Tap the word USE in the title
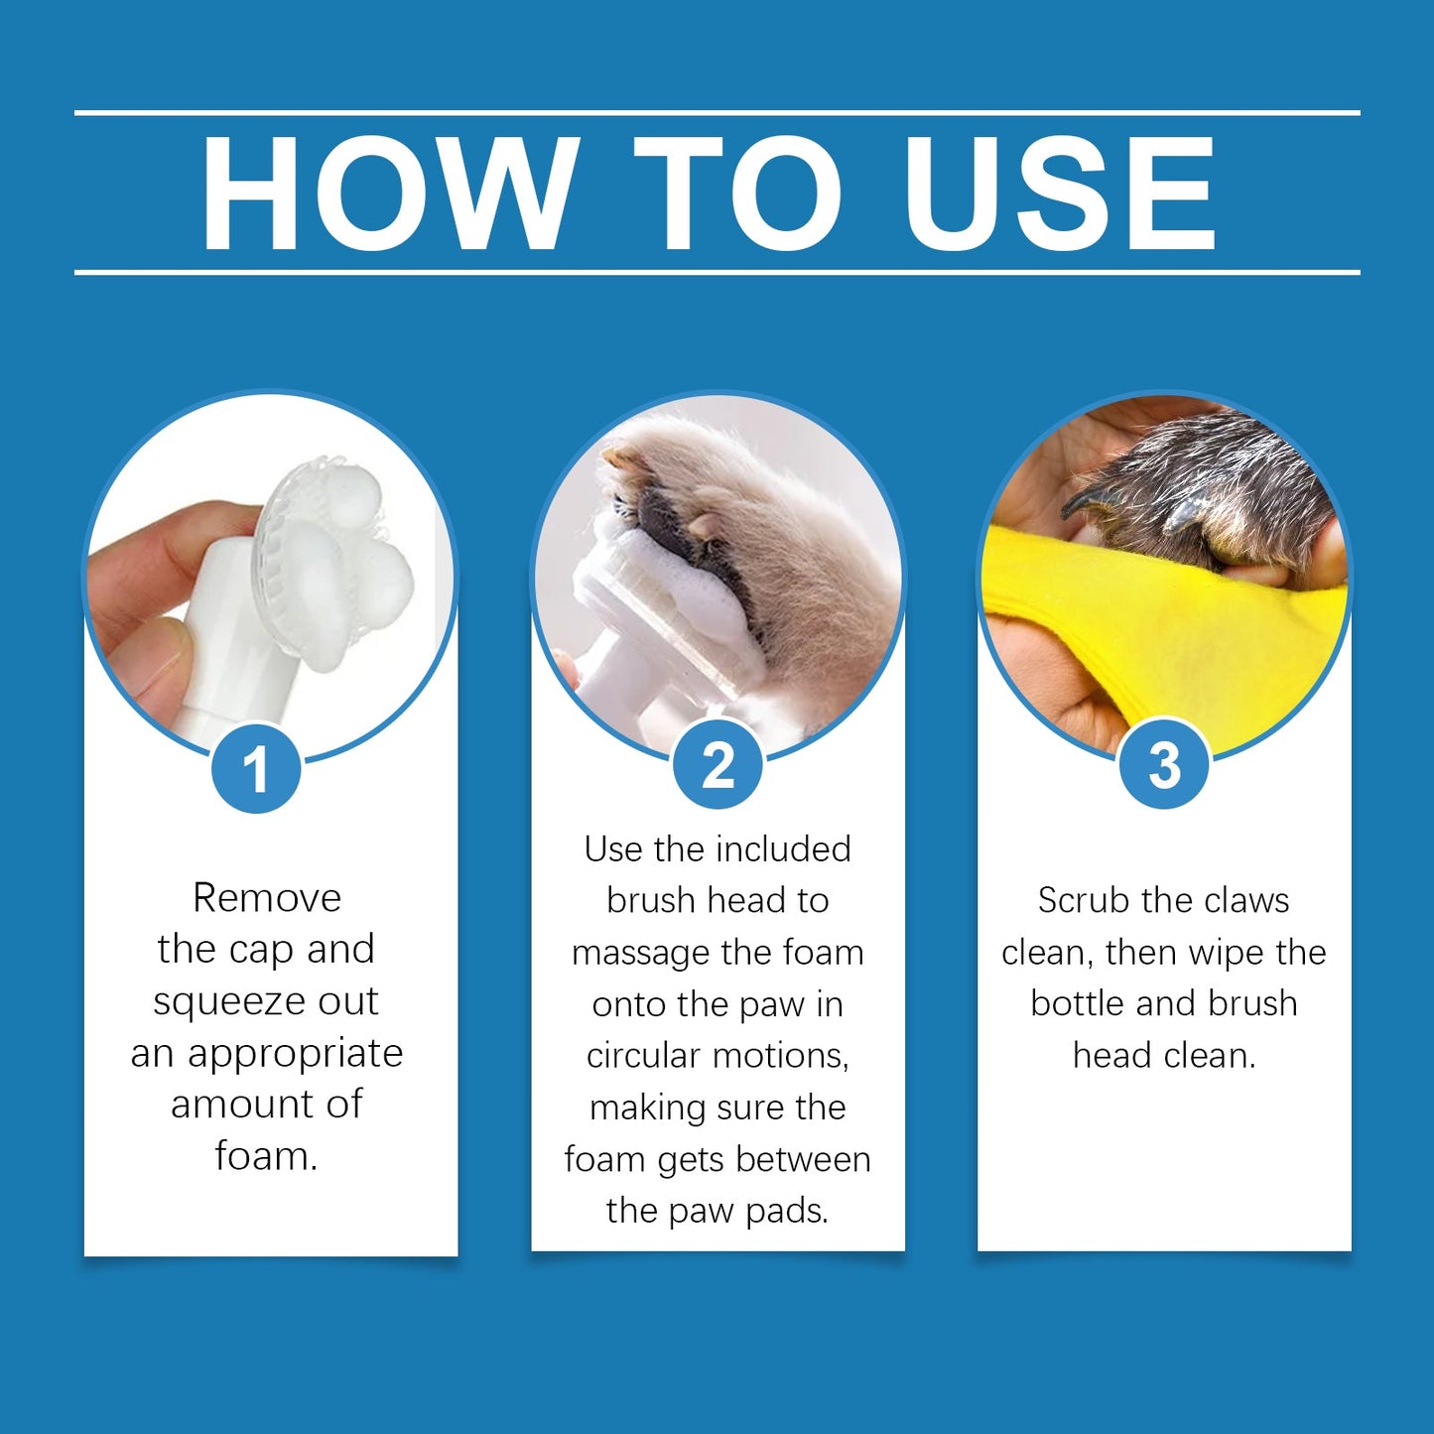pos(1059,193)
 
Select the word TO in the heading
pos(736,193)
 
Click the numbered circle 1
pos(256,769)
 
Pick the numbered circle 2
pos(717,765)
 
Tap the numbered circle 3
pos(1164,765)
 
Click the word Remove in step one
pos(267,898)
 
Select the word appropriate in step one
pos(295,1054)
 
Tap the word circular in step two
pos(644,1056)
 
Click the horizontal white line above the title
pos(717,113)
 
